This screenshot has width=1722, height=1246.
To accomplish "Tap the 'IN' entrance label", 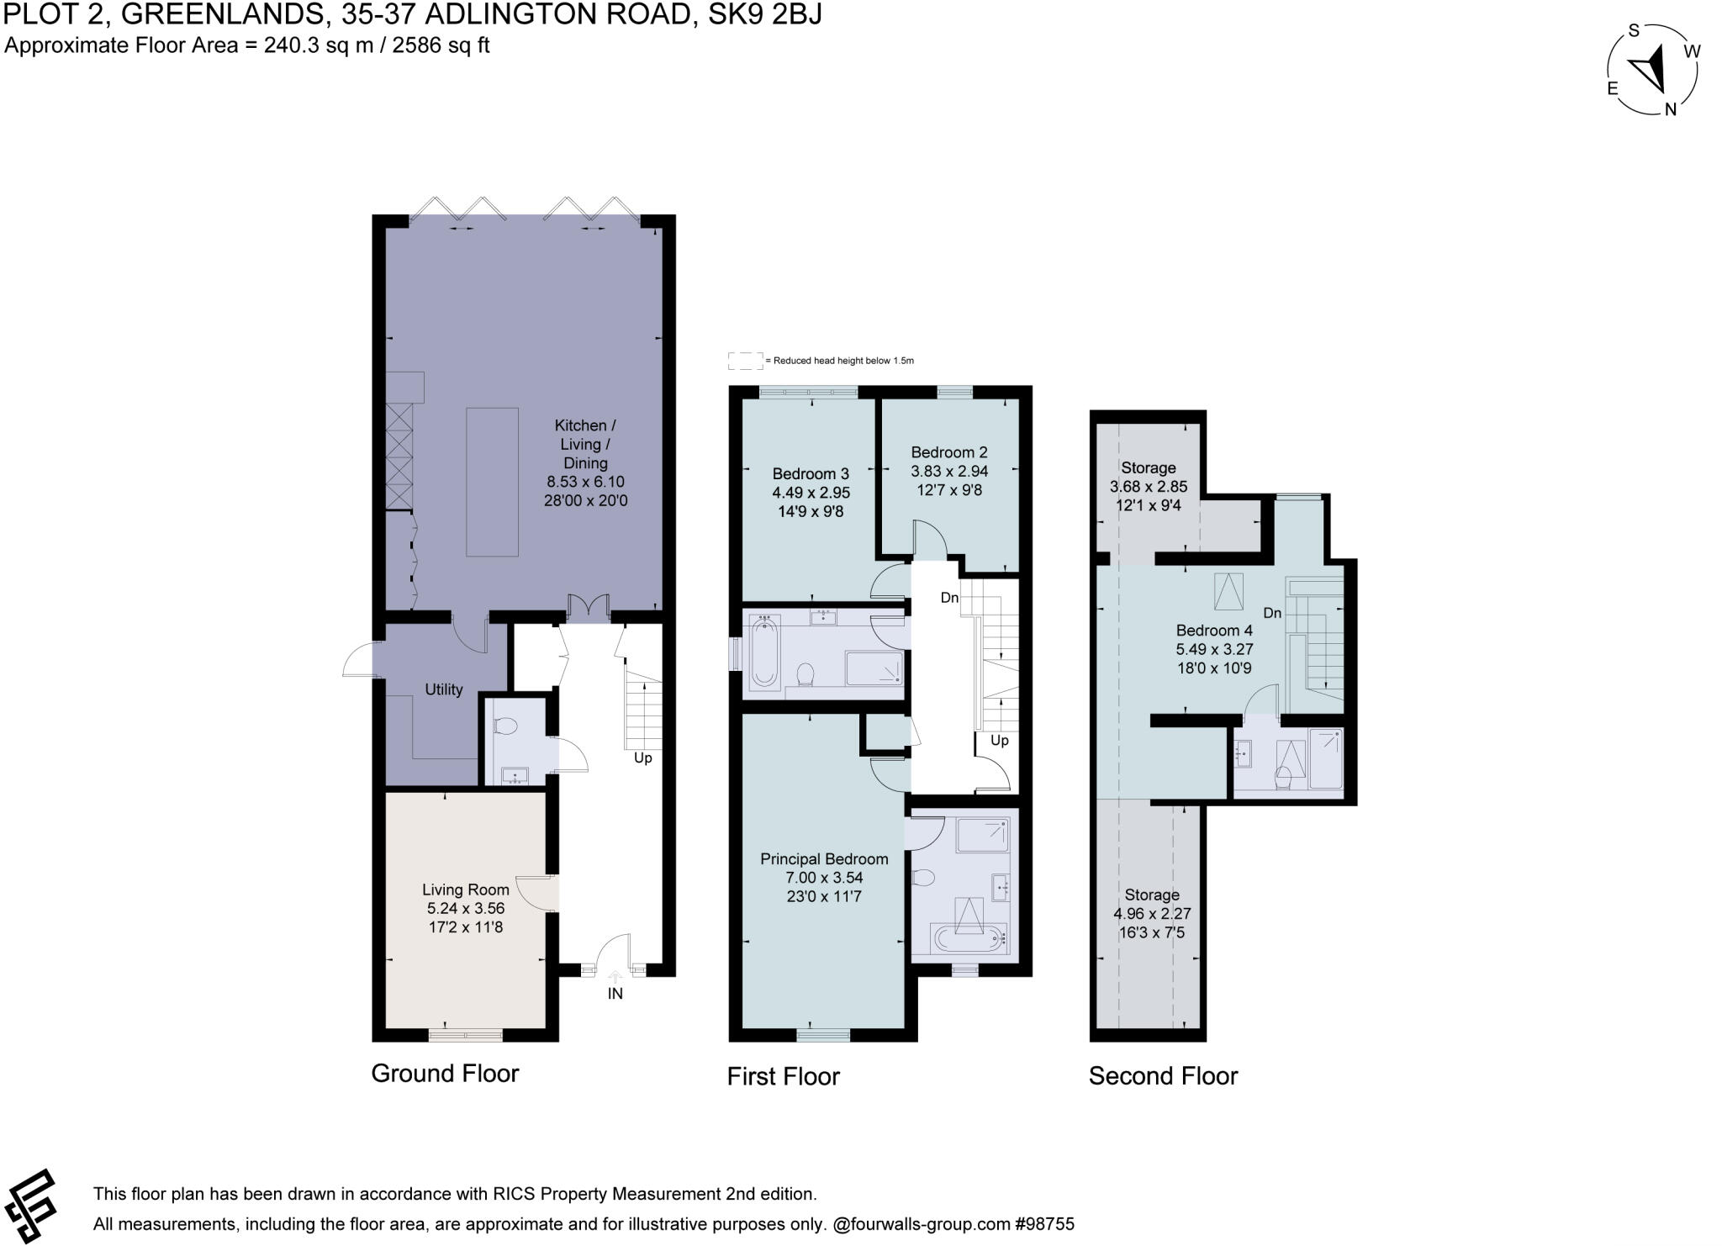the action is pos(615,993).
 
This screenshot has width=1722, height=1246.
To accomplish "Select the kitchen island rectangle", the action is pos(492,482).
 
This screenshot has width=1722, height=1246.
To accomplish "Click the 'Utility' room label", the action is pos(444,689).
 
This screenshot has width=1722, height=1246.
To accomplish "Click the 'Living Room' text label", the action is pos(466,890).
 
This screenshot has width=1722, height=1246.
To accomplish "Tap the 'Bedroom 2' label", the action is pos(949,452).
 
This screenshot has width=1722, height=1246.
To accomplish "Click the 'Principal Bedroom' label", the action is pos(824,859).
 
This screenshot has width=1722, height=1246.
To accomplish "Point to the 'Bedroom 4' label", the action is pos(1214,631).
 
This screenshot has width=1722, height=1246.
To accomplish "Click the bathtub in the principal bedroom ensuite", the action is pos(969,937).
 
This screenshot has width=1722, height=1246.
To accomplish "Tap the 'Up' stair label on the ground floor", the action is pos(643,758).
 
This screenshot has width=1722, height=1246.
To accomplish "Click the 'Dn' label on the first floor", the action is pos(949,598).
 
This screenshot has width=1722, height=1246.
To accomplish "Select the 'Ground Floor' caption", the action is pos(445,1074).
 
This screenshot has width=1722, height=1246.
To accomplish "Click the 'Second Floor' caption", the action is pos(1164,1076).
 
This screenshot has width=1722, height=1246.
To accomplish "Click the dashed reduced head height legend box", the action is pos(745,361).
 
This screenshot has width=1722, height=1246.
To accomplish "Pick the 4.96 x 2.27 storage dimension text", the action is pos(1152,914).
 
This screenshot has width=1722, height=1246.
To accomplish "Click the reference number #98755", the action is pos(1045,1224).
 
